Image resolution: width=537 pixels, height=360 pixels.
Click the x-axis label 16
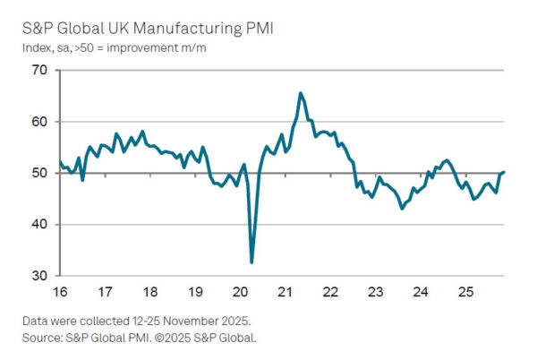[59, 292]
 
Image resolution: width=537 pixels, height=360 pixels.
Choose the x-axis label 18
[149, 292]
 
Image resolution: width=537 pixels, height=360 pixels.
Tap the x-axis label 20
[240, 292]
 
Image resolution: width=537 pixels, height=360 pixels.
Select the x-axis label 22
[330, 292]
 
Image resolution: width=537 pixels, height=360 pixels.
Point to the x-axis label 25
[465, 292]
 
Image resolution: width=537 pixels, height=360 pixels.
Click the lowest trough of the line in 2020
[251, 262]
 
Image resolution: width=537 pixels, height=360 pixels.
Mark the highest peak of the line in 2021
[300, 93]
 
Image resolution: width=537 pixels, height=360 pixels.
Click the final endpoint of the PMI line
[504, 172]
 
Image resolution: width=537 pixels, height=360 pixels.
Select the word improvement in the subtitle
[148, 47]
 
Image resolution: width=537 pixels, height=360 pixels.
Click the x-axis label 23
[375, 292]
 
